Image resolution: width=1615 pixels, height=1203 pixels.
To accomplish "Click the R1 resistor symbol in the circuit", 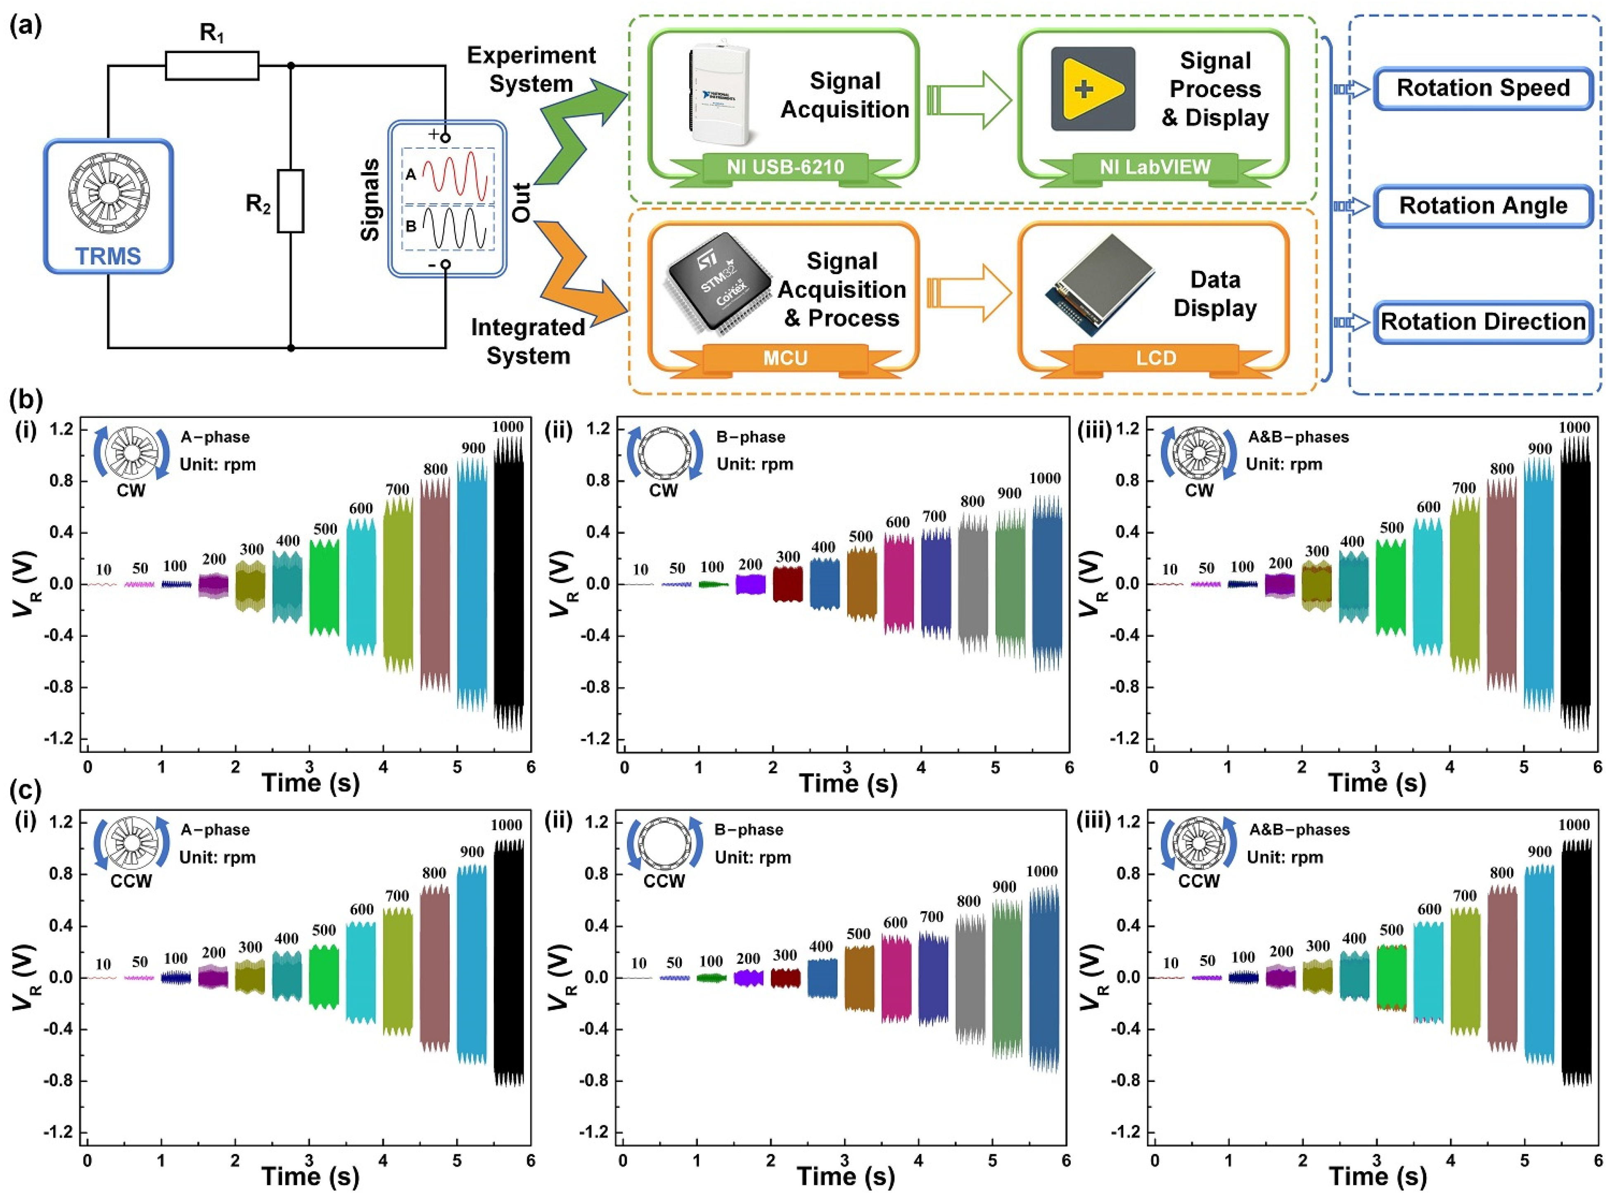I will point(212,66).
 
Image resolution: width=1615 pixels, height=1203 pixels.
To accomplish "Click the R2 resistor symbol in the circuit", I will point(291,201).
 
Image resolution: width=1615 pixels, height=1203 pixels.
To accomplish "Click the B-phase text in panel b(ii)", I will point(751,437).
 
